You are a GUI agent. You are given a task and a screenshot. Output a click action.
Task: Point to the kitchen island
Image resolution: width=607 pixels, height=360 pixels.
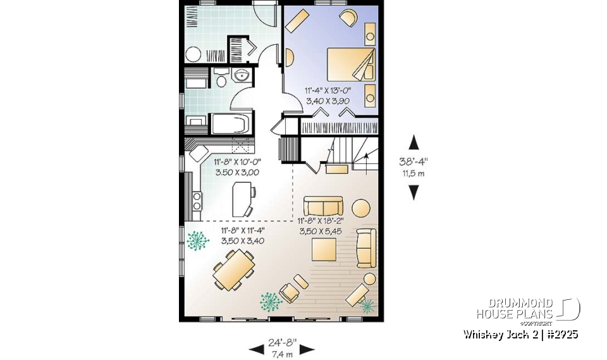click(241, 199)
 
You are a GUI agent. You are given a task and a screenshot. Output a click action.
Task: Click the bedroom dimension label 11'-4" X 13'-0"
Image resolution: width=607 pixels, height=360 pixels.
click(328, 90)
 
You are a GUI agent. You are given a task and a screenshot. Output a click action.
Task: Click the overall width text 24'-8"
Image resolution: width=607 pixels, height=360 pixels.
click(281, 343)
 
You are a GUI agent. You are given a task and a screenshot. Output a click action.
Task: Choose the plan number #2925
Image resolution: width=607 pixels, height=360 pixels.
click(559, 334)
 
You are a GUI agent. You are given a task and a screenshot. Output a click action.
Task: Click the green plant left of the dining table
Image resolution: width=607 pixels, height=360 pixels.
click(198, 242)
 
